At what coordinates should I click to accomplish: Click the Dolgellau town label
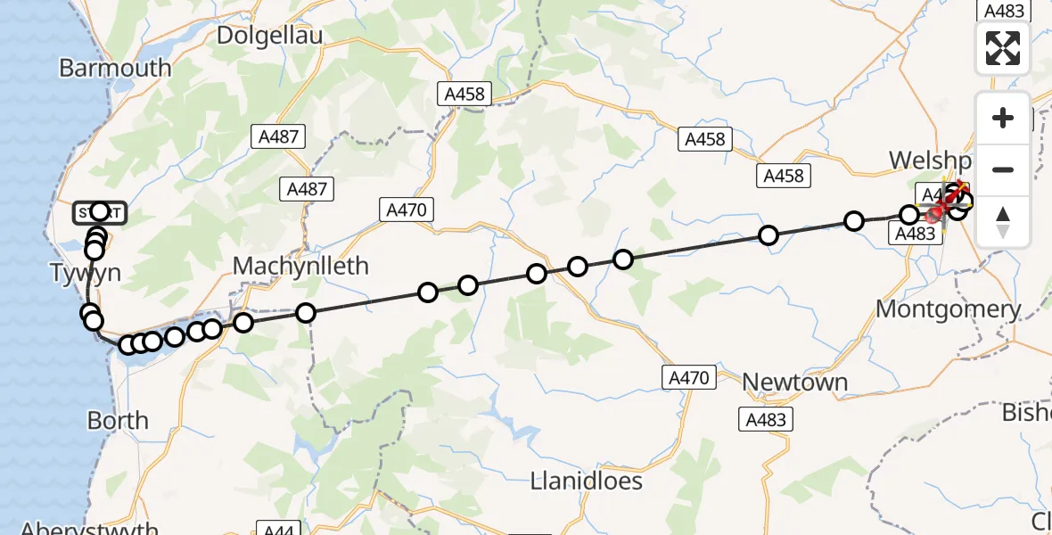pos(270,36)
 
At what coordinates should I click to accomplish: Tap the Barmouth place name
pos(115,68)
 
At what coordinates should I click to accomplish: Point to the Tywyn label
pos(86,274)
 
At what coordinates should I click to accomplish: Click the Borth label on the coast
pos(118,420)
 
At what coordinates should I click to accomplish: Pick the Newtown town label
pos(794,382)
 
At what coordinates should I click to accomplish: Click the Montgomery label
pos(949,309)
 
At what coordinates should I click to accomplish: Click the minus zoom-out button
pos(1003,169)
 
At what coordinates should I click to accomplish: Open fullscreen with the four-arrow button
pos(1003,48)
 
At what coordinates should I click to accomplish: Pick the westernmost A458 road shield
pos(465,94)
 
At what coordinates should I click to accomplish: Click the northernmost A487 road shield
pos(277,136)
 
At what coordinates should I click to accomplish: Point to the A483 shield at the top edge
pos(1003,10)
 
